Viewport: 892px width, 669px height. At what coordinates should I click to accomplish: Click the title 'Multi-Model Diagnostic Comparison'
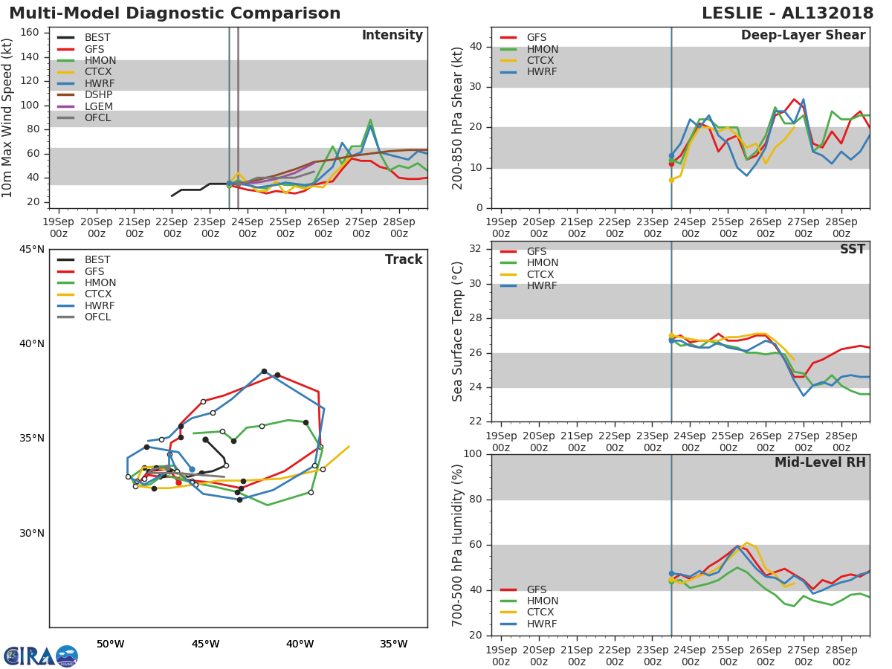point(175,13)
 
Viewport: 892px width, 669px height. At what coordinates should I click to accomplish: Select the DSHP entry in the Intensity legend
point(98,94)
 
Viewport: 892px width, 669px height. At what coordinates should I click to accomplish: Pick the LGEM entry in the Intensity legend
point(98,106)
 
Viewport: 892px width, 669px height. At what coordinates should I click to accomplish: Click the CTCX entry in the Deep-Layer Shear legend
point(541,60)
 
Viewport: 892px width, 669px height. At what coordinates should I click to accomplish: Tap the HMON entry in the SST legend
point(542,263)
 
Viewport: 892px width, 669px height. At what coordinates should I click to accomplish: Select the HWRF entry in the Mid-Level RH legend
point(541,624)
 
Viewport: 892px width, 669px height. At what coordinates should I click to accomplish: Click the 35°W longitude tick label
point(393,644)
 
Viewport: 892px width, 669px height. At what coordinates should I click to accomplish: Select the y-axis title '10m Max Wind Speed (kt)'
point(8,117)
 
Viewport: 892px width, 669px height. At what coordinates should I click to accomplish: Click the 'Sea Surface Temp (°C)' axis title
point(458,332)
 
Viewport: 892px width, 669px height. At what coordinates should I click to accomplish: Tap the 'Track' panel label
point(403,259)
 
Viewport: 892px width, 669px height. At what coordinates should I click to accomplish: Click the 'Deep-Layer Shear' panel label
point(803,36)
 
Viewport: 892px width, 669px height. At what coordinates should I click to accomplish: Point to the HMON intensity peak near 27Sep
point(370,120)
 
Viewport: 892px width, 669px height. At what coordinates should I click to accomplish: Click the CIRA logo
point(40,656)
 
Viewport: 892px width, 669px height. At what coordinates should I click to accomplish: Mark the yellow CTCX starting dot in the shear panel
point(671,180)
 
